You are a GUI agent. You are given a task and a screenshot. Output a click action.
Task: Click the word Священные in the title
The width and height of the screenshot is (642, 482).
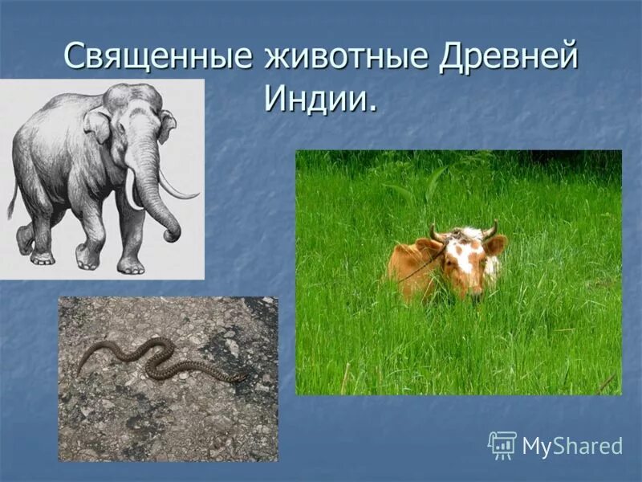[152, 58]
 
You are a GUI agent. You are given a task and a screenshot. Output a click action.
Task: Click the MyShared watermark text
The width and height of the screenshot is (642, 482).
[572, 446]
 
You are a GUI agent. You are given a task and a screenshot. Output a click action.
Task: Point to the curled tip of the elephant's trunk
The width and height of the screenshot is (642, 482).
[170, 235]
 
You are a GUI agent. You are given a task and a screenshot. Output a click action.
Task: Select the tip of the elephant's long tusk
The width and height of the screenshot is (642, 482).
[196, 194]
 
